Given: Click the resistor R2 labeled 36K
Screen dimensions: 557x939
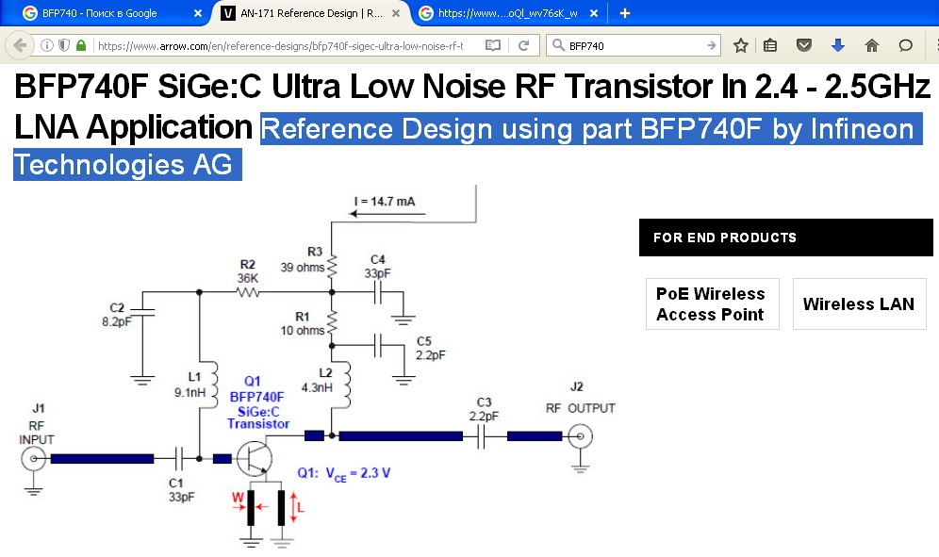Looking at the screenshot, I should (248, 293).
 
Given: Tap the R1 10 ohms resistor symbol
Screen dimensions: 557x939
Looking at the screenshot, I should (332, 325).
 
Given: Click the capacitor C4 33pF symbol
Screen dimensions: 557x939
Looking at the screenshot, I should (378, 293).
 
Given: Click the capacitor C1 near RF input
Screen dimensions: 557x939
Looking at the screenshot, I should (176, 459).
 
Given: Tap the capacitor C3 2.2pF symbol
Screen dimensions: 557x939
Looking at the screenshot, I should (483, 436).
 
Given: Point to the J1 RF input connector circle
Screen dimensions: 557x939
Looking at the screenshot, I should (34, 459).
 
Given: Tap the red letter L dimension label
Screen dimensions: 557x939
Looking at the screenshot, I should (300, 506).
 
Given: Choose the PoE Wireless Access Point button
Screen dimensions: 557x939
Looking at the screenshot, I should (712, 304).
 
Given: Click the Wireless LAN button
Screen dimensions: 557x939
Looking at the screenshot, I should (859, 304).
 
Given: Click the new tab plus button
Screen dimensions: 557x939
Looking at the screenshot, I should (624, 13).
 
